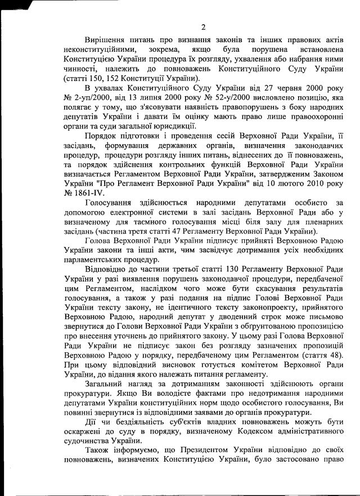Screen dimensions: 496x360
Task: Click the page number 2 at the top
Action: pos(203,27)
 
